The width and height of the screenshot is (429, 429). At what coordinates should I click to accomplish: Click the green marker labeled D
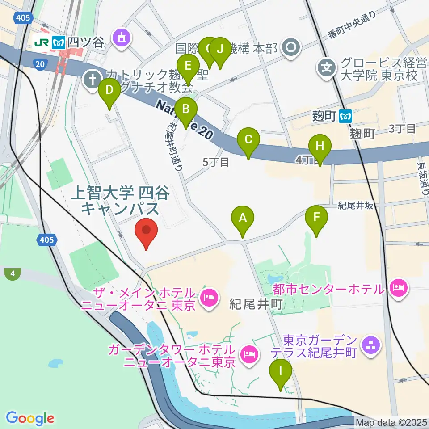coord(109,93)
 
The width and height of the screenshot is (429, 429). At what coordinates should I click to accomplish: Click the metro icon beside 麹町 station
coord(345,117)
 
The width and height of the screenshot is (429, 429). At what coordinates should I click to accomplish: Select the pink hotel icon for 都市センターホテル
coord(397,286)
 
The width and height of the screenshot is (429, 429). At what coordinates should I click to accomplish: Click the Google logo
coord(30,418)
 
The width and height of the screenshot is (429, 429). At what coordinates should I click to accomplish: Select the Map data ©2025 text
coord(391,421)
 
